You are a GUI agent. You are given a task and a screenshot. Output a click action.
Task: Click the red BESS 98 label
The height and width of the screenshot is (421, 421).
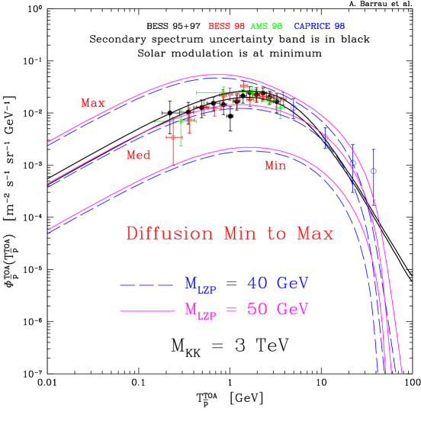pos(227,27)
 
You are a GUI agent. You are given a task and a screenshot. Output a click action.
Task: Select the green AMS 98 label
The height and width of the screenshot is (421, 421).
pos(266,27)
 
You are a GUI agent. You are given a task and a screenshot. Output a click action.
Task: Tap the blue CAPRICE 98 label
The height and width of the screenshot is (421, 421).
pos(319,27)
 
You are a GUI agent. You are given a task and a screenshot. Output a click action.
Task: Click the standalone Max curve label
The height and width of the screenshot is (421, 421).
pos(93,103)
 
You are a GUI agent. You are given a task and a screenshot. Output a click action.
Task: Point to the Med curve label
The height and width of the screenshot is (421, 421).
pos(138,155)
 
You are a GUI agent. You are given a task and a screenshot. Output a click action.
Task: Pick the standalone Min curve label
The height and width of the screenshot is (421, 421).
pos(275,166)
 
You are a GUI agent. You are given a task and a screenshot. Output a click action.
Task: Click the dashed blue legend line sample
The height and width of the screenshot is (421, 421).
pos(147,285)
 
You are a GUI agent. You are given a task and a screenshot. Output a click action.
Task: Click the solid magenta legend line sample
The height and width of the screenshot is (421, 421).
pos(147,311)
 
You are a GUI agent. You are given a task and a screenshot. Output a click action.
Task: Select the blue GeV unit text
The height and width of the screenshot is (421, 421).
pos(292,284)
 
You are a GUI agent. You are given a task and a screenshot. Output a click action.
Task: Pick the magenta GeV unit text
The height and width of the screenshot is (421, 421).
pos(292,310)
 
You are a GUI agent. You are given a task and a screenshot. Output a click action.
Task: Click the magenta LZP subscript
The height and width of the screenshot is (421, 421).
pos(206,317)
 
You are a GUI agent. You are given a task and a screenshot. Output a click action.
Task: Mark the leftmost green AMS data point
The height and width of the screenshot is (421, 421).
pos(181,121)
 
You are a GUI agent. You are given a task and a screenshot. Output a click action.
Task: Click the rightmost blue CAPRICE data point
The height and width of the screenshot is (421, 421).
pos(373,171)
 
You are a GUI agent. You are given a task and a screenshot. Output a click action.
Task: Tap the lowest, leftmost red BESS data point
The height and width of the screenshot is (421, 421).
pos(173,137)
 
